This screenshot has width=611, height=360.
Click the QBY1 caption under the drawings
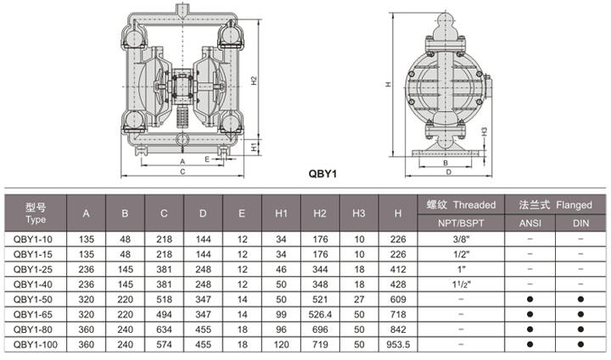coord(322,173)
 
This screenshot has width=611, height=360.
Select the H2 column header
coord(320,213)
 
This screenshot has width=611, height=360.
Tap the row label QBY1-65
coord(33,314)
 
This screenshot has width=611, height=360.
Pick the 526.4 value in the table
coord(320,314)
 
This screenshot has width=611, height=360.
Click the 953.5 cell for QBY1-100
coord(398,345)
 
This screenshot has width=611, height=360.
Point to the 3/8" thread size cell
coord(461,239)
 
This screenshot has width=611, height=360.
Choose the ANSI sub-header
coord(530,223)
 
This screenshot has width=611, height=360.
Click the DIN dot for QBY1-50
coord(580,299)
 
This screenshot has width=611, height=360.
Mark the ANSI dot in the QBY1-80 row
coord(530,329)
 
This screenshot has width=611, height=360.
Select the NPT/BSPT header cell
coord(461,223)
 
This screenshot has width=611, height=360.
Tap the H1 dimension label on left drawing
coord(254,147)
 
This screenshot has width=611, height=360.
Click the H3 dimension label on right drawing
coord(484,132)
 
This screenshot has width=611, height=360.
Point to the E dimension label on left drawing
coord(207,159)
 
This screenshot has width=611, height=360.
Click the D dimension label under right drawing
coord(449,172)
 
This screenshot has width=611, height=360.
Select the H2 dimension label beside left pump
coord(254,81)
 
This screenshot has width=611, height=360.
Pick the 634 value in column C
coord(164,329)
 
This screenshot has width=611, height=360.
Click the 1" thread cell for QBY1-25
coord(461,269)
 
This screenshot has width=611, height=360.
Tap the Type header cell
coord(36,213)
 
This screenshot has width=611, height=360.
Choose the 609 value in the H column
coord(398,299)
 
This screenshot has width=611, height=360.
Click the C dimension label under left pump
coord(182,172)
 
